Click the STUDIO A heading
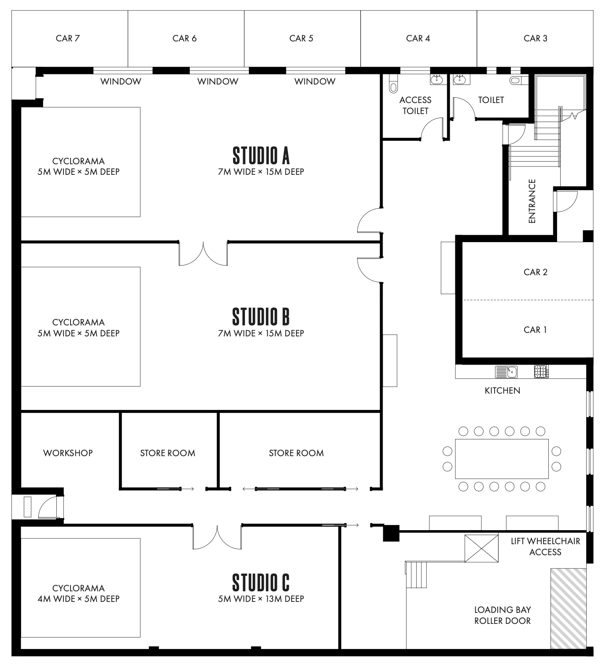(261, 155)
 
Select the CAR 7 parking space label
(67, 38)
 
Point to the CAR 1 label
(535, 330)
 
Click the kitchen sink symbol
(506, 372)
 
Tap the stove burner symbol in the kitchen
(541, 372)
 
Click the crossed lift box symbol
(481, 549)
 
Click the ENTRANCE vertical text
(532, 201)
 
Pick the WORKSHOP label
(68, 453)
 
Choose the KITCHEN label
(502, 391)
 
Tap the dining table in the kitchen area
(502, 459)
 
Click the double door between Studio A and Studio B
(203, 253)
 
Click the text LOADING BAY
(502, 610)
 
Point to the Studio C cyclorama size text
(78, 599)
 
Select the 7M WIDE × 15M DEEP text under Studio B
(261, 333)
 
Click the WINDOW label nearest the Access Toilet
(314, 81)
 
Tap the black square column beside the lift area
(391, 533)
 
